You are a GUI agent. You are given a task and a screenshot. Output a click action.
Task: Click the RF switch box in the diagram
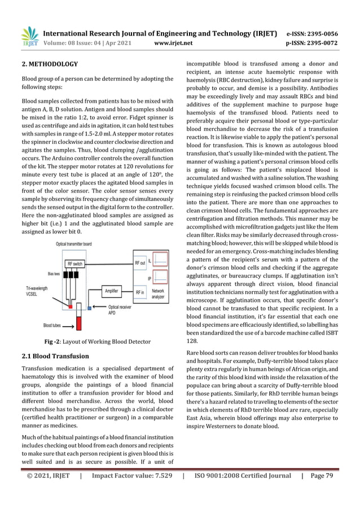coord(77,264)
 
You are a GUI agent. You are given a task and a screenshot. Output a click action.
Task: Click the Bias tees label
coord(54,274)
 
